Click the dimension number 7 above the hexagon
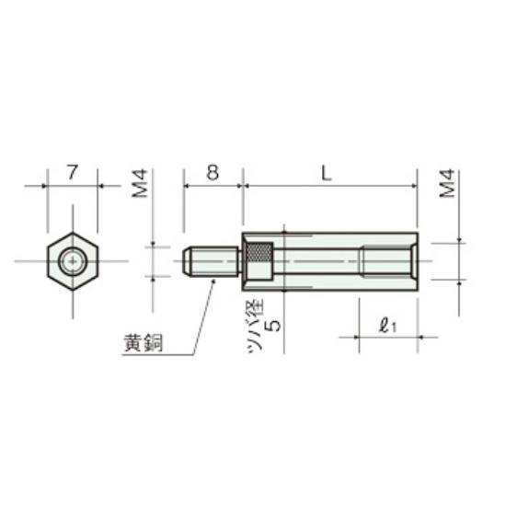[x=73, y=172]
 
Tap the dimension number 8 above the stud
[x=213, y=172]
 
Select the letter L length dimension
[x=327, y=175]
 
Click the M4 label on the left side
[x=141, y=183]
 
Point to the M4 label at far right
[x=447, y=183]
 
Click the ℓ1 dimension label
[x=387, y=326]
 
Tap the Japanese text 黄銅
[x=144, y=343]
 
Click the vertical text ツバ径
[x=256, y=327]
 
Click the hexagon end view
[x=73, y=261]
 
